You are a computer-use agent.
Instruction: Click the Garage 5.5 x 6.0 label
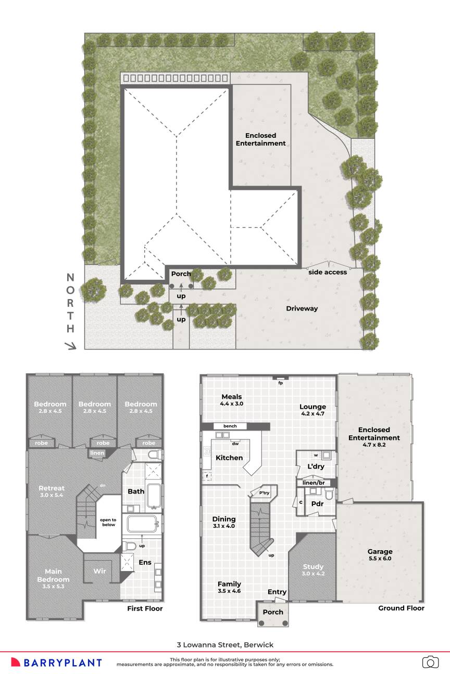(380, 554)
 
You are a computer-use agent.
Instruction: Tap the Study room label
(313, 569)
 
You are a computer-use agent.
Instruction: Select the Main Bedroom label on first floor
(53, 578)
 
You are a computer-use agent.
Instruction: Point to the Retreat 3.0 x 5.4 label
(52, 491)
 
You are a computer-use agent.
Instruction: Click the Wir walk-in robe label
(100, 571)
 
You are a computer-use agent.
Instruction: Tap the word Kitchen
(229, 458)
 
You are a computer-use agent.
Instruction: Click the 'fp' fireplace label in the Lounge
(280, 383)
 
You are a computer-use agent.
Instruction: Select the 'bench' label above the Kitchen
(230, 426)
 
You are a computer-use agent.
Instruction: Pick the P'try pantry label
(265, 493)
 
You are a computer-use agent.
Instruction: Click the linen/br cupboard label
(314, 483)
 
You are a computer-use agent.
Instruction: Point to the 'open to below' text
(108, 522)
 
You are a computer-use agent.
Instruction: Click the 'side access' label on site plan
(327, 272)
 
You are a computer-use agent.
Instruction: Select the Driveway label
(302, 308)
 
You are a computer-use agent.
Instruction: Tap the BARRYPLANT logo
(56, 663)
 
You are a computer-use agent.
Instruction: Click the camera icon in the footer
(430, 662)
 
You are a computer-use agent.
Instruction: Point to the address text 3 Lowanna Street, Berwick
(225, 645)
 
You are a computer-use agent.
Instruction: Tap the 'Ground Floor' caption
(401, 608)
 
